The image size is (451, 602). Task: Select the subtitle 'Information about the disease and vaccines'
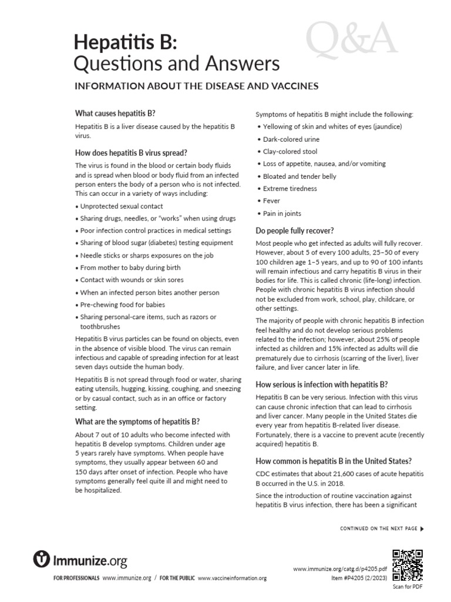196,86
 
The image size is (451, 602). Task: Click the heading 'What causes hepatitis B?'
115,113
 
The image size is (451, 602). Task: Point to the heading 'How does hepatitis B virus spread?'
131,153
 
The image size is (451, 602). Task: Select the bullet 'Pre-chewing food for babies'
120,305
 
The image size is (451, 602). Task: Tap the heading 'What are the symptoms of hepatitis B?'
137,421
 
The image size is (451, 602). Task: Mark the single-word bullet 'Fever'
272,201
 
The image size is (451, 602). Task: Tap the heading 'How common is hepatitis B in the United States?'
333,460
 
